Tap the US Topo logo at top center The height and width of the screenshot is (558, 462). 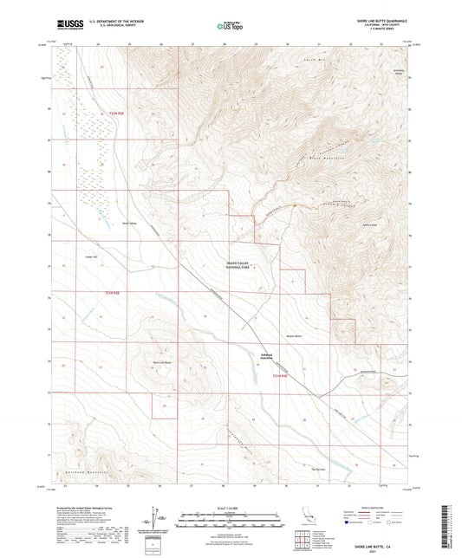point(229,26)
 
